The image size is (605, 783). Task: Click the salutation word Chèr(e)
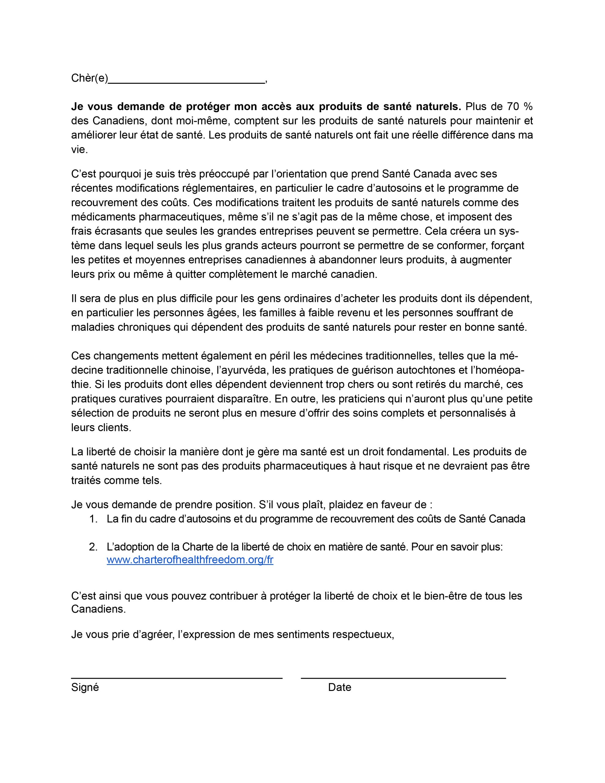[90, 78]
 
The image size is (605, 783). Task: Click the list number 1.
[93, 519]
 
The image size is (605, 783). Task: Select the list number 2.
[93, 547]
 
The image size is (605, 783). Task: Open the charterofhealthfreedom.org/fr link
[190, 560]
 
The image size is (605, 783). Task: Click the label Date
[339, 687]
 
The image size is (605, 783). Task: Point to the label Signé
[85, 687]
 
